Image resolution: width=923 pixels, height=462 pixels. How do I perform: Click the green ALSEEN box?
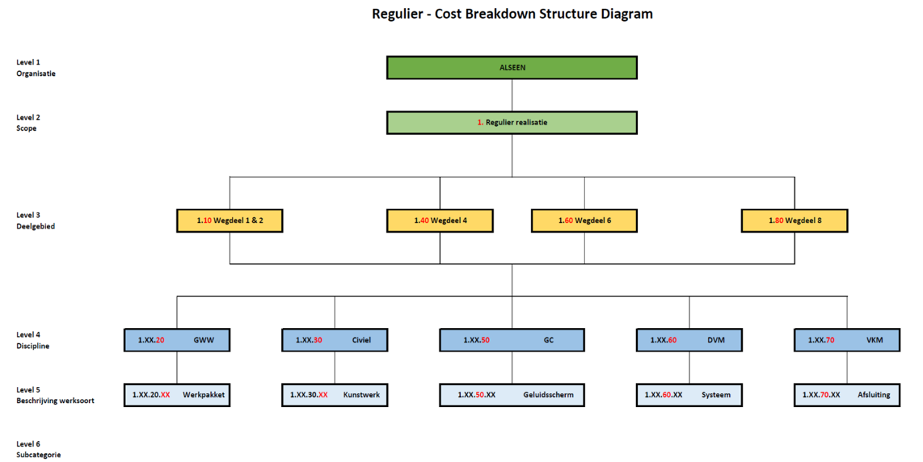[511, 68]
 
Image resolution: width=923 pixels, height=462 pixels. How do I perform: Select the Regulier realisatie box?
[511, 123]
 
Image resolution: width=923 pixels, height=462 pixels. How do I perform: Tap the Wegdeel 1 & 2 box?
[229, 221]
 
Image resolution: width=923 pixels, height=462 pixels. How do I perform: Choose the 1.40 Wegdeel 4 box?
[440, 221]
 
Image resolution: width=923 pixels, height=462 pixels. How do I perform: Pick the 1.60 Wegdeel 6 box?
[584, 221]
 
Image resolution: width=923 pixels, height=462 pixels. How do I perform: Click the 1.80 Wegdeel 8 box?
[794, 221]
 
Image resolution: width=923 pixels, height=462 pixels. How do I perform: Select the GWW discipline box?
[177, 340]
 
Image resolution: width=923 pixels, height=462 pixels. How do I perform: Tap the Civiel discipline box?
[334, 340]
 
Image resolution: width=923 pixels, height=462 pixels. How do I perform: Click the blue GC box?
[511, 340]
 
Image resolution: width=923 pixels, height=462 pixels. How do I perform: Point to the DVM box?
[689, 340]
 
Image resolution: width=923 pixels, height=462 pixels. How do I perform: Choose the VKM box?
[847, 340]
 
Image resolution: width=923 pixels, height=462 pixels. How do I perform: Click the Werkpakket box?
[177, 395]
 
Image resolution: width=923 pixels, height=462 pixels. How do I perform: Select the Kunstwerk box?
[334, 395]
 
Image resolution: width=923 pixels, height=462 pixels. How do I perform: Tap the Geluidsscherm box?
[511, 395]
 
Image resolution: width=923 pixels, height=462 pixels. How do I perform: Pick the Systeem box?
[689, 395]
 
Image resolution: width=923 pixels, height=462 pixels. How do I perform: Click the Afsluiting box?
[847, 395]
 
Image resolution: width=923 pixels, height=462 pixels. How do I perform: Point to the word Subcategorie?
[39, 455]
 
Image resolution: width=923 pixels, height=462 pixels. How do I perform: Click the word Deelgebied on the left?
[36, 226]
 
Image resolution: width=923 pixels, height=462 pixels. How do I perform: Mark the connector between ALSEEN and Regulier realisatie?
[511, 95]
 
